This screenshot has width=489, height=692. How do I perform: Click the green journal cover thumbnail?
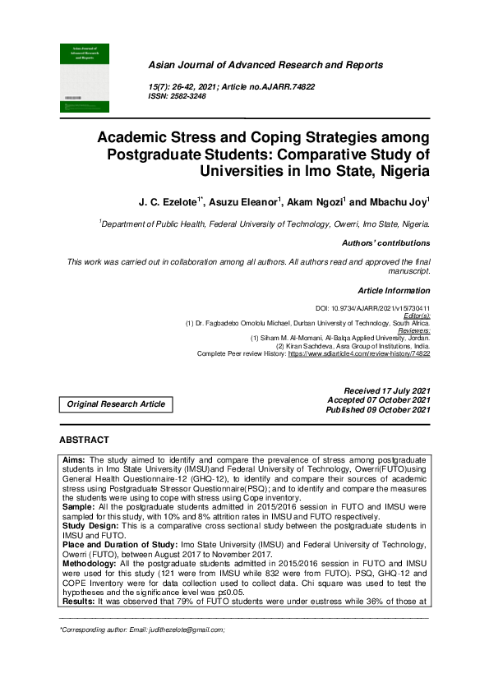click(84, 77)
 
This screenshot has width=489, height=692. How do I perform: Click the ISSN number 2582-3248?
click(188, 96)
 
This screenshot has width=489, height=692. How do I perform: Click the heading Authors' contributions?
click(385, 243)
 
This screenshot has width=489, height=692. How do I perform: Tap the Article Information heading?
click(394, 290)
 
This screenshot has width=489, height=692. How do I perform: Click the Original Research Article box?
click(116, 404)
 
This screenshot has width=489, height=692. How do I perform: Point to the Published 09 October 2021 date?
click(377, 409)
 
